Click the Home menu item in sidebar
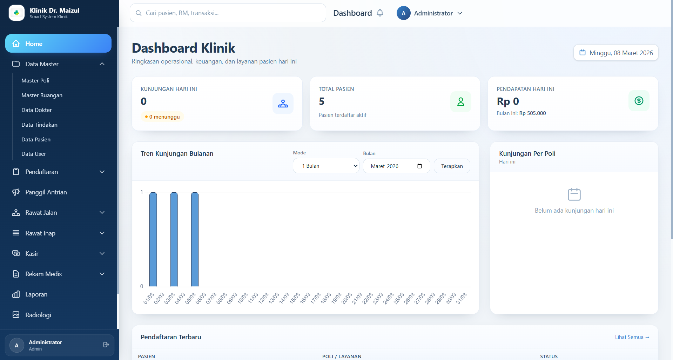click(x=58, y=44)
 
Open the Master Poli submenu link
click(x=35, y=80)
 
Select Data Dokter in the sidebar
click(x=36, y=110)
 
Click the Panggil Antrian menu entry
click(x=46, y=192)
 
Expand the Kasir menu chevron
click(x=102, y=253)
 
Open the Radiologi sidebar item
click(x=38, y=315)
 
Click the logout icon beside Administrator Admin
click(x=106, y=345)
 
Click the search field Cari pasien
click(x=228, y=13)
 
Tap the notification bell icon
click(x=380, y=13)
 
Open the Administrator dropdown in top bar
click(x=430, y=13)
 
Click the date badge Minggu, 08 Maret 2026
click(x=616, y=53)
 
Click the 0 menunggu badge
click(x=162, y=116)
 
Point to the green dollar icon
click(x=639, y=101)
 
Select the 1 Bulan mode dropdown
click(x=326, y=166)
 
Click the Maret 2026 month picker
click(x=396, y=166)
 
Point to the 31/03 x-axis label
click(x=461, y=298)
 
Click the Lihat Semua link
click(x=632, y=337)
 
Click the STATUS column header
click(x=549, y=356)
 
